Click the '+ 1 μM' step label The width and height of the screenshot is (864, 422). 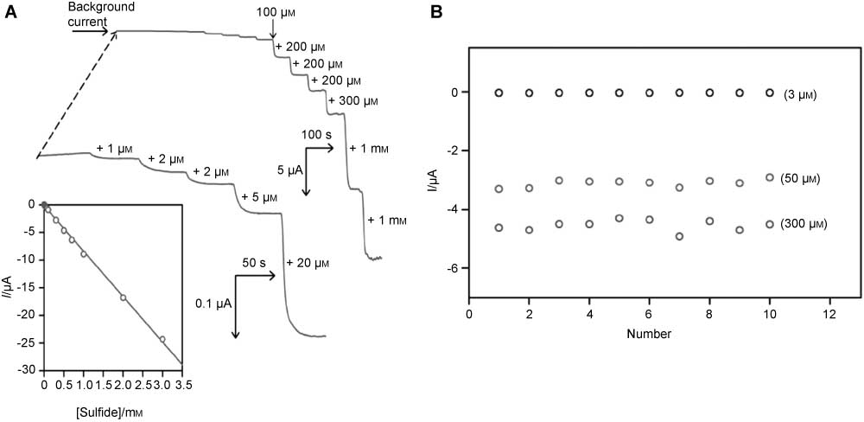pyautogui.click(x=112, y=147)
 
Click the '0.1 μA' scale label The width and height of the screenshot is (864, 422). pyautogui.click(x=213, y=303)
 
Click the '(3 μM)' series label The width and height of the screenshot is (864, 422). pyautogui.click(x=800, y=93)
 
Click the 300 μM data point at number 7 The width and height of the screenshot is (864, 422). pyautogui.click(x=679, y=236)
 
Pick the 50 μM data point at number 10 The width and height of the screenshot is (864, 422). pyautogui.click(x=769, y=177)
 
